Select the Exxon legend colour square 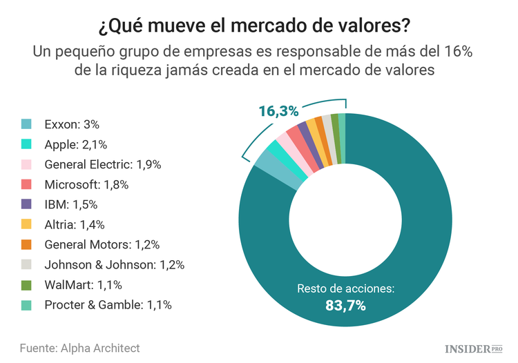(x=26, y=125)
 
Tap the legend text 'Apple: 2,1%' (x=75, y=145)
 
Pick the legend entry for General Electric (x=102, y=165)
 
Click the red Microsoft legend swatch (x=26, y=185)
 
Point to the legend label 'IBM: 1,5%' (x=71, y=205)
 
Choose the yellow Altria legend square (x=26, y=224)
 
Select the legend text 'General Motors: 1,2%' (x=102, y=244)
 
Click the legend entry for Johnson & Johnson (x=114, y=264)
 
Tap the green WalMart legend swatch (x=26, y=284)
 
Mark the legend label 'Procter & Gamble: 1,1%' (x=108, y=304)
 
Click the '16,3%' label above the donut (x=278, y=110)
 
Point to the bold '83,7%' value (x=345, y=304)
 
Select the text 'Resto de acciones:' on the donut (x=345, y=288)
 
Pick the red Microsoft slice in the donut (x=300, y=140)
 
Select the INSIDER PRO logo (x=472, y=348)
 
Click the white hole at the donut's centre (x=345, y=221)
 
